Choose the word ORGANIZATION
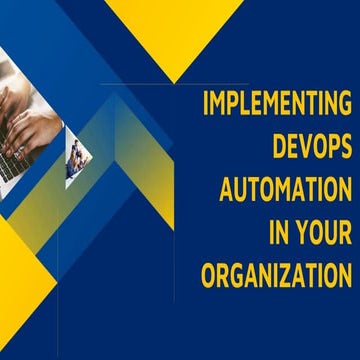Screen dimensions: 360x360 tap(277, 273)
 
